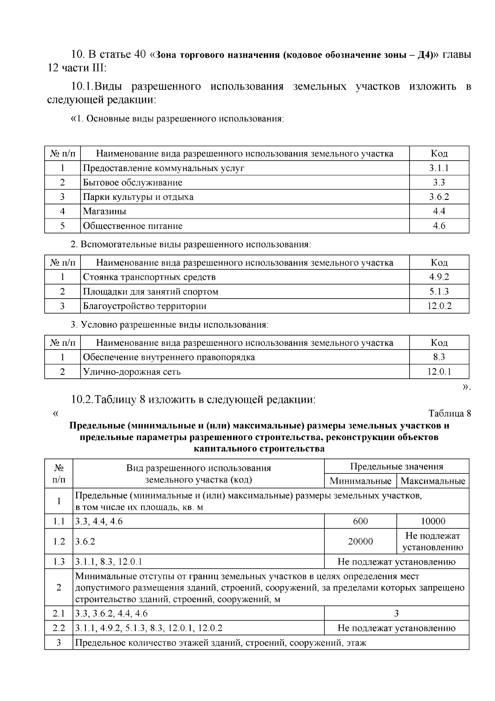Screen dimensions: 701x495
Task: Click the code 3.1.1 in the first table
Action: point(439,168)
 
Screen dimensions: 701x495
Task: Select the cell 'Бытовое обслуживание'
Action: point(132,183)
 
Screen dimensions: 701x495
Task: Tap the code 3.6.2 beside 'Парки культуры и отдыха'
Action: point(439,197)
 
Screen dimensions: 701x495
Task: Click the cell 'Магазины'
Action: point(105,211)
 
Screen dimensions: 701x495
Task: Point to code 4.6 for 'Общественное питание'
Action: point(439,226)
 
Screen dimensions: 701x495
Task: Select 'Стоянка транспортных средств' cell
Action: point(149,277)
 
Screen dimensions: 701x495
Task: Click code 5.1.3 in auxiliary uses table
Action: point(439,292)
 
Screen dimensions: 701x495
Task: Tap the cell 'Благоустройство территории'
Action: point(145,306)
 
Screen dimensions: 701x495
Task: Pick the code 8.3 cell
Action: point(439,357)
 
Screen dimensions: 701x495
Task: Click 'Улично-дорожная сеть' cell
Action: point(132,372)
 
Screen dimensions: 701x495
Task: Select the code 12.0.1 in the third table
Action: point(439,372)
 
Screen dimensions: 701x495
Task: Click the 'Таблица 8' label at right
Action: point(450,413)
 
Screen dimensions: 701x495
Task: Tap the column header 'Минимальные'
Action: point(361,481)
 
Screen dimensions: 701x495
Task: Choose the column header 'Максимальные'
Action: point(433,481)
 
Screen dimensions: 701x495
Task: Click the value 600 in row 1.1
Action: point(361,521)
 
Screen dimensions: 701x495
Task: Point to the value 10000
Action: point(433,521)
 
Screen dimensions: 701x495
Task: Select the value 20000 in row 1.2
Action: point(361,542)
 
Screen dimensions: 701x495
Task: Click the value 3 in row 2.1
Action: point(396,613)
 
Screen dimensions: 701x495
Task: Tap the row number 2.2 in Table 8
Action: point(59,628)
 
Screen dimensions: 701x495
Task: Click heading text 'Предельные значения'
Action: point(396,467)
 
